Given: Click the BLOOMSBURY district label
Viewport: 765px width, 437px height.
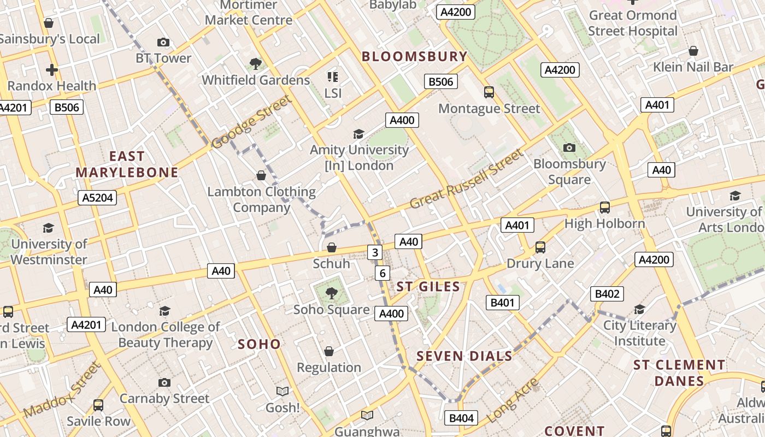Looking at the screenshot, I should coord(415,56).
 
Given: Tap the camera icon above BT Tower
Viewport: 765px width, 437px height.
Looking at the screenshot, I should coord(163,42).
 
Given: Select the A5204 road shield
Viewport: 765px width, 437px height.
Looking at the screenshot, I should coord(97,198).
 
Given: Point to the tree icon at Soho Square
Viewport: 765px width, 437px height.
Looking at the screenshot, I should coord(331,293).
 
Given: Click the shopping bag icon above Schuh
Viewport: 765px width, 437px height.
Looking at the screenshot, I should coord(331,247).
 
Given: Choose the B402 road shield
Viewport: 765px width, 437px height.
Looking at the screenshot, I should coord(607,294).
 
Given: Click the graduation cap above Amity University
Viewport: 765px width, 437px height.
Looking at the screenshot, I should coord(358,134).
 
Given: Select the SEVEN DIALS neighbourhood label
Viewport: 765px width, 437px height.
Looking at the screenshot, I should coord(464,357).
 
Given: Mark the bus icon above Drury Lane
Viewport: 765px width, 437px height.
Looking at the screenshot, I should coord(540,247).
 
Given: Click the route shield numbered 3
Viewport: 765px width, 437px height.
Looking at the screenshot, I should coord(374,252).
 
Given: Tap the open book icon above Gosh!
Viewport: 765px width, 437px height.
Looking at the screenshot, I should coord(282,391).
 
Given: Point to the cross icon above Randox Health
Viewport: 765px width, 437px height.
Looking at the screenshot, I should coord(52,70).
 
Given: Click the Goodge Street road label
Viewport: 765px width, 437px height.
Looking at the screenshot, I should coord(251,122).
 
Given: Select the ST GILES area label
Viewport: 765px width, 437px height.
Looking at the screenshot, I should coord(428,286).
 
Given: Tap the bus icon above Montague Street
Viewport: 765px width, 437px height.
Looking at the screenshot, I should coord(489,92).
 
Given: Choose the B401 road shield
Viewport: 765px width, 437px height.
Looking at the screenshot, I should coord(502,303).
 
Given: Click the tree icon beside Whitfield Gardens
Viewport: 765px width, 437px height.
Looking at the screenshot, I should coord(255,64).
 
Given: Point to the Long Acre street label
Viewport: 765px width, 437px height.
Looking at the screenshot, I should coord(512,401).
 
